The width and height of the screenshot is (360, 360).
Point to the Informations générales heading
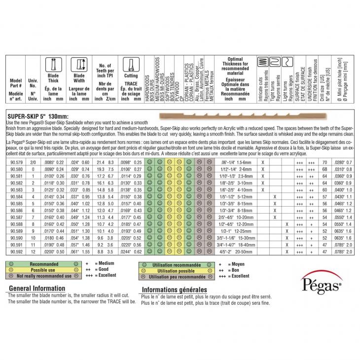coord(174,290)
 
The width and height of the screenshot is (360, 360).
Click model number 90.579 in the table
coord(17,162)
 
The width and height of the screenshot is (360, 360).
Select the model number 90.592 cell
coord(17,252)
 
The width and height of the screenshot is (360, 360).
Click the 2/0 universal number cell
coord(34,162)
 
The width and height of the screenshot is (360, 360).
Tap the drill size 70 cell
coord(324,162)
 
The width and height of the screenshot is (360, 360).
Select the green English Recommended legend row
coord(44,264)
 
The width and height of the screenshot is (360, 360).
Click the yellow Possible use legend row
coord(44,270)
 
